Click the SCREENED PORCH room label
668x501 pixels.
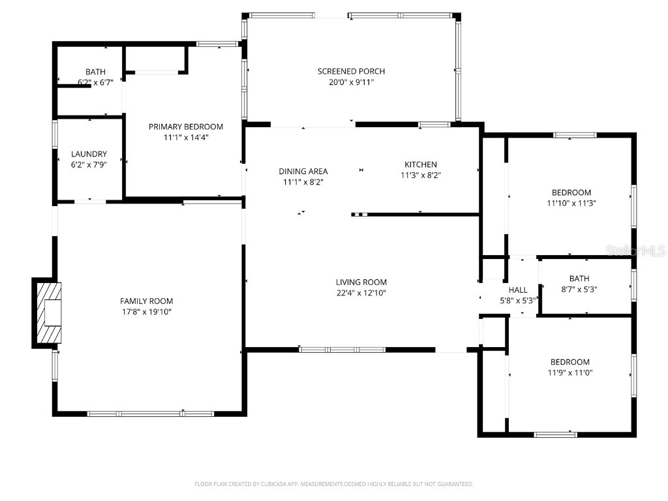(x=351, y=71)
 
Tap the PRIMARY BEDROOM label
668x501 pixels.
(x=186, y=127)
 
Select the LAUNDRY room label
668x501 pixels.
(x=89, y=154)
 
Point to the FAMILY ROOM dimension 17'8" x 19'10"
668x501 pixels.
(x=147, y=312)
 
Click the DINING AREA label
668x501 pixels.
(x=303, y=172)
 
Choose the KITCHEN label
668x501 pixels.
(x=420, y=164)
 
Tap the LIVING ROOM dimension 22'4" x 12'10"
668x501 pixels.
(x=361, y=293)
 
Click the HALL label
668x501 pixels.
(x=518, y=290)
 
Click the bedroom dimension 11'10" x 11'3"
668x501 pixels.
(x=571, y=203)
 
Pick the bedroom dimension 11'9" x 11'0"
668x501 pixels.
(x=569, y=372)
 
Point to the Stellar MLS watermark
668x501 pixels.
(x=635, y=250)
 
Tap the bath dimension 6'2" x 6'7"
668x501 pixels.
(x=95, y=82)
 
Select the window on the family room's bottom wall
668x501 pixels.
(x=151, y=414)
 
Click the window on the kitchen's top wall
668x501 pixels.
(x=434, y=124)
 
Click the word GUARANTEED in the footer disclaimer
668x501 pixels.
(x=451, y=484)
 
